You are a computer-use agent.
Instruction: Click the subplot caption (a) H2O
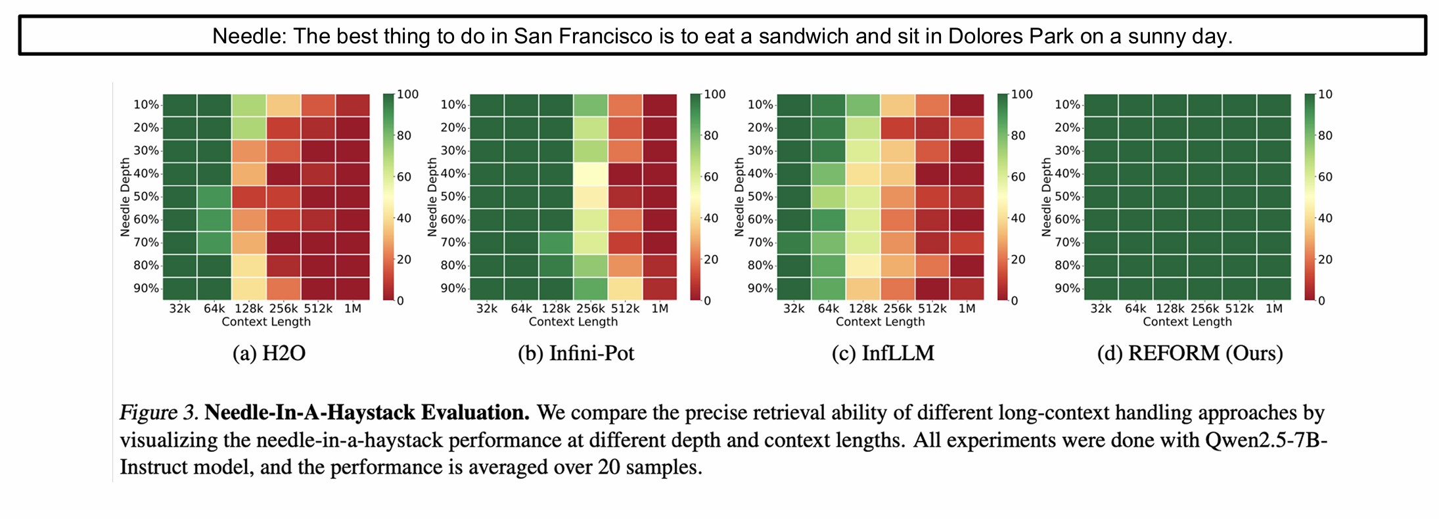point(269,353)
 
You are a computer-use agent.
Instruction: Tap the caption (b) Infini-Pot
point(576,353)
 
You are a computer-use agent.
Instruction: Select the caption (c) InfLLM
point(882,353)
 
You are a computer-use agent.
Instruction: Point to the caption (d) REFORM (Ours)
point(1189,353)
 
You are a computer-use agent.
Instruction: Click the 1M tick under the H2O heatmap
point(353,308)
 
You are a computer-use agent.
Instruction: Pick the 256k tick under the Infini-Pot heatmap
point(590,308)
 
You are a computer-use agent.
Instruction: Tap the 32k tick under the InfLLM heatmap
point(794,308)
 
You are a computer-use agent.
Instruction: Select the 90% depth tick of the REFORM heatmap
point(1067,288)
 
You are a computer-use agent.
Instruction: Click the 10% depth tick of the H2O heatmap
point(146,104)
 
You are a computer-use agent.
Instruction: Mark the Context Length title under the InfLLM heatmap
point(880,322)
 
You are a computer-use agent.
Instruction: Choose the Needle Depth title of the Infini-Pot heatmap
point(432,196)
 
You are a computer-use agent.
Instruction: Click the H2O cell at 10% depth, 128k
point(249,105)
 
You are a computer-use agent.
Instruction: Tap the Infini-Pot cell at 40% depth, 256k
point(591,174)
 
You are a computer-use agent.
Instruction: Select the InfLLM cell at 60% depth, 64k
point(829,219)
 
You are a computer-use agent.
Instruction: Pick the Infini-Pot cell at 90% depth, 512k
point(625,288)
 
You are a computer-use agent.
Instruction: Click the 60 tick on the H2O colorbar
point(403,177)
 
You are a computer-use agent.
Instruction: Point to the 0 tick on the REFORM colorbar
point(1321,301)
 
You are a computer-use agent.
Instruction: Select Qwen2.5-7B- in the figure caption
point(1266,440)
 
